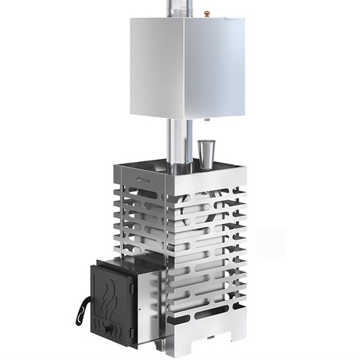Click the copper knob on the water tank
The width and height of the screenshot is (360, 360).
[x=207, y=12]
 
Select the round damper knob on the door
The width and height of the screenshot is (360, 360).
[x=110, y=330]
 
